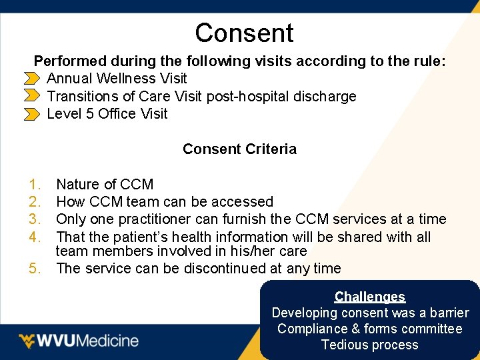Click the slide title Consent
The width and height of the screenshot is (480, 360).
pos(244,33)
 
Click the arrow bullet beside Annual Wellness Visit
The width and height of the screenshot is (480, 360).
pos(31,79)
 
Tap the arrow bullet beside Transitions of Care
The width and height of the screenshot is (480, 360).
pos(31,97)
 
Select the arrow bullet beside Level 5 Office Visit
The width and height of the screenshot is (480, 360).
pos(31,114)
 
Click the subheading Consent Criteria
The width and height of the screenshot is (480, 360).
pos(239,149)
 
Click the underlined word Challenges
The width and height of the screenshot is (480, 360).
pos(370,297)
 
